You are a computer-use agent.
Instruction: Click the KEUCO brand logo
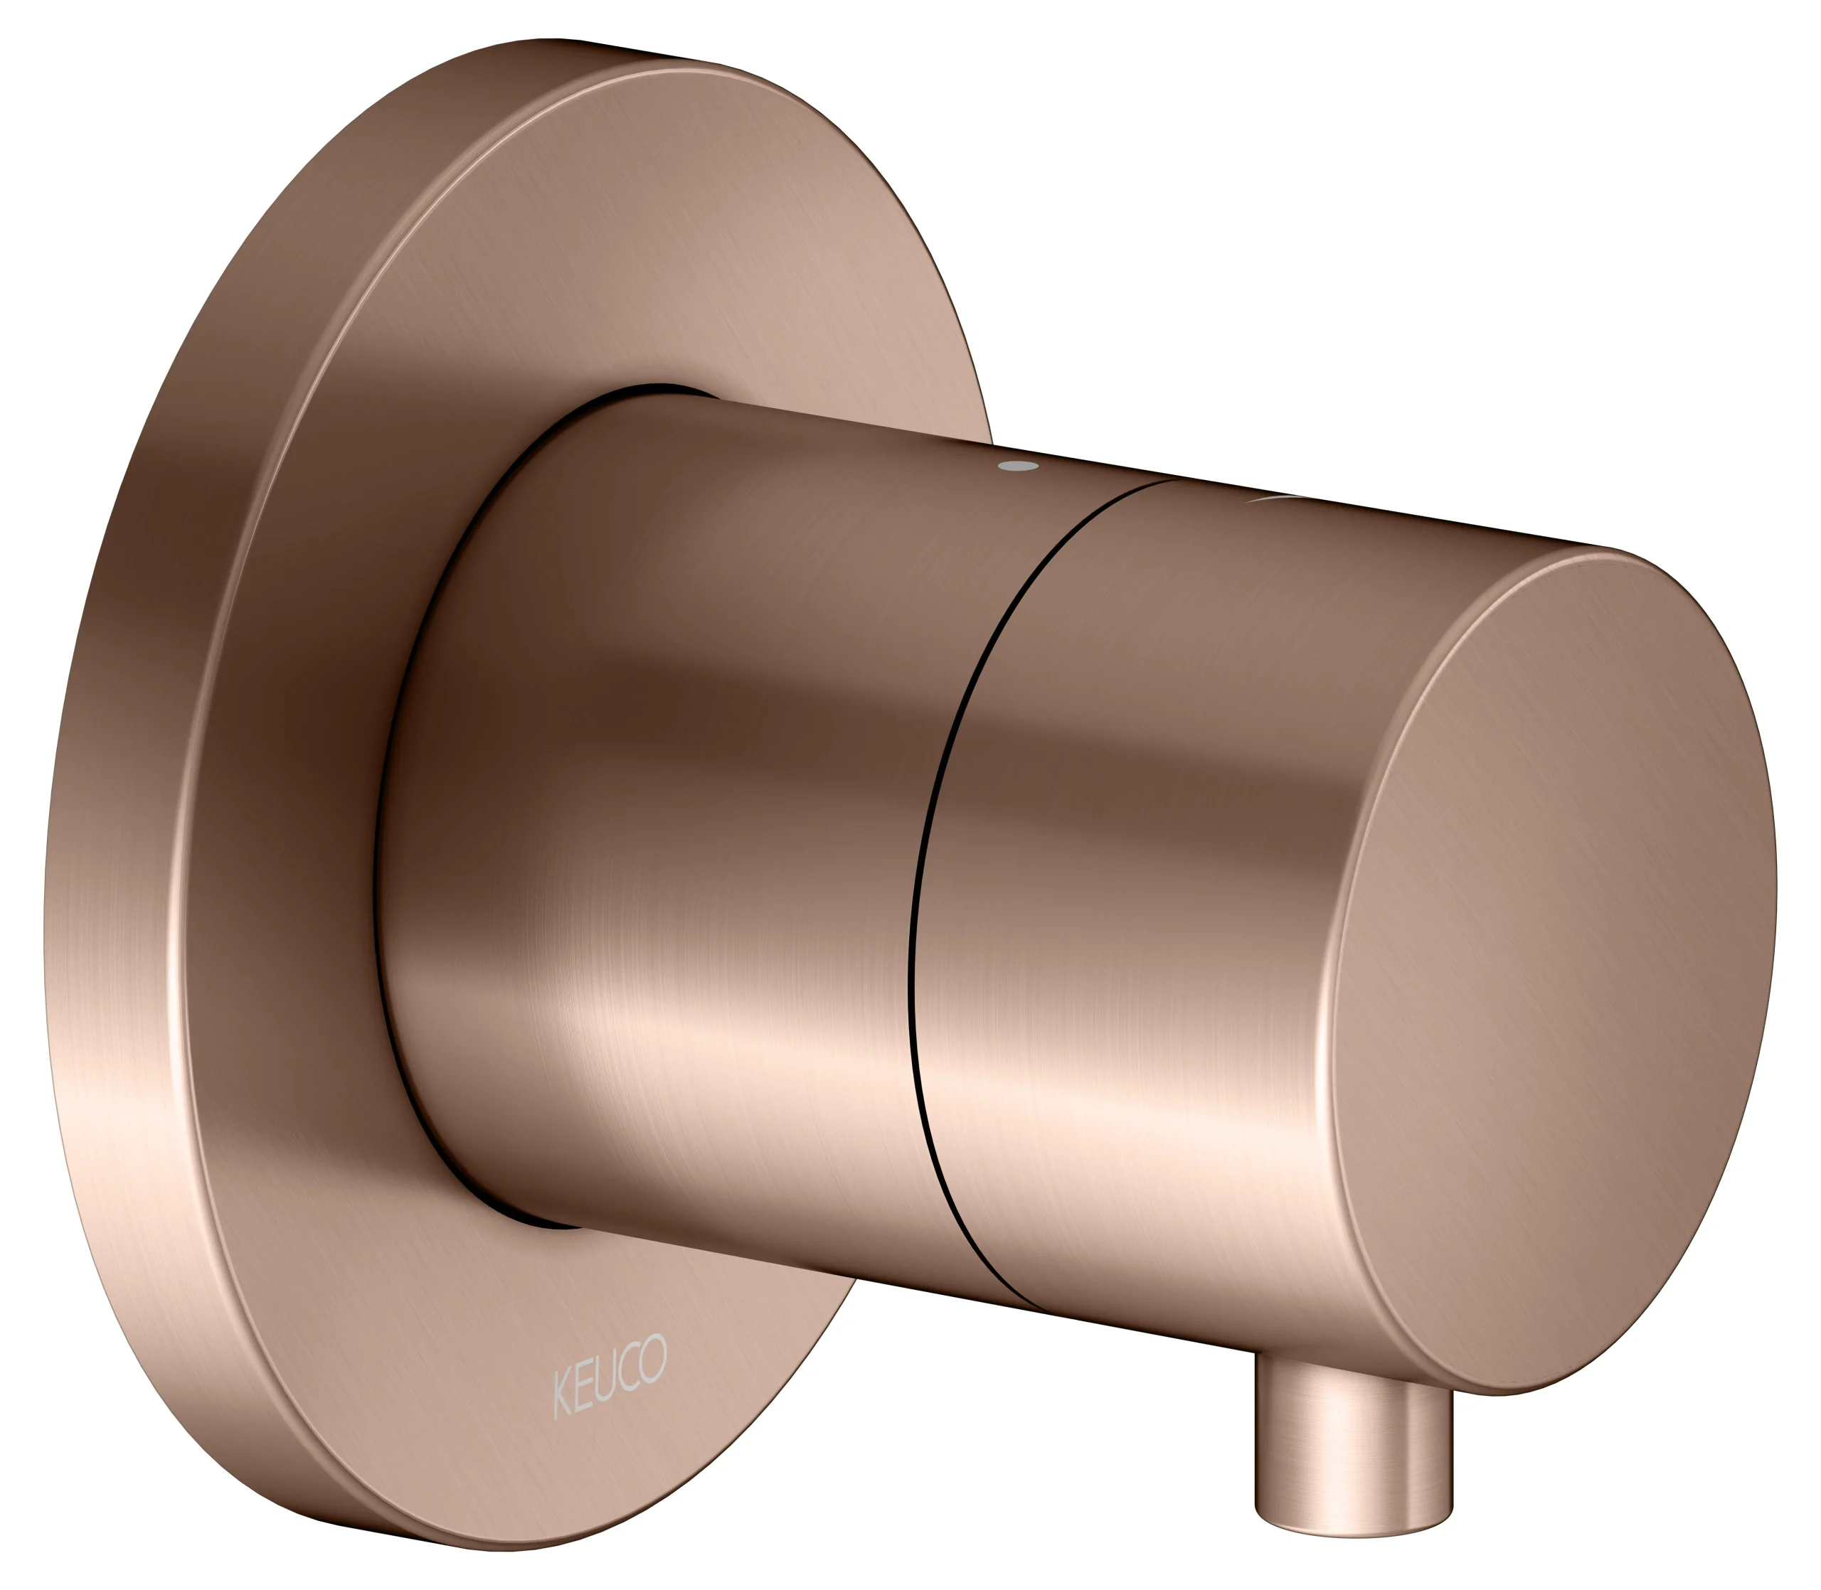point(609,1378)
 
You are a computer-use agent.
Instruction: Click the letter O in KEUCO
point(653,1357)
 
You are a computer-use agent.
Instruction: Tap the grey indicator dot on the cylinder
point(1018,465)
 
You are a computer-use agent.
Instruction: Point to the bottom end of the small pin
point(1354,1528)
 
